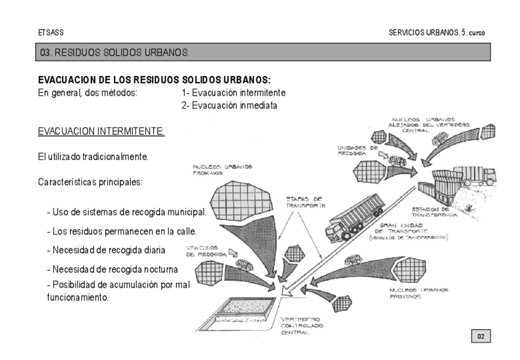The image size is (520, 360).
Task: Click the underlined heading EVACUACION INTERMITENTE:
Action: tap(101, 131)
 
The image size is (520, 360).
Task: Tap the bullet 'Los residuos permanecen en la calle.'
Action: tap(121, 231)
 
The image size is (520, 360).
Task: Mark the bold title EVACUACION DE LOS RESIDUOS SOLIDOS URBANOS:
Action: tap(154, 80)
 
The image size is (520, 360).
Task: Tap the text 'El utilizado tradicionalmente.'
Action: tap(93, 157)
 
